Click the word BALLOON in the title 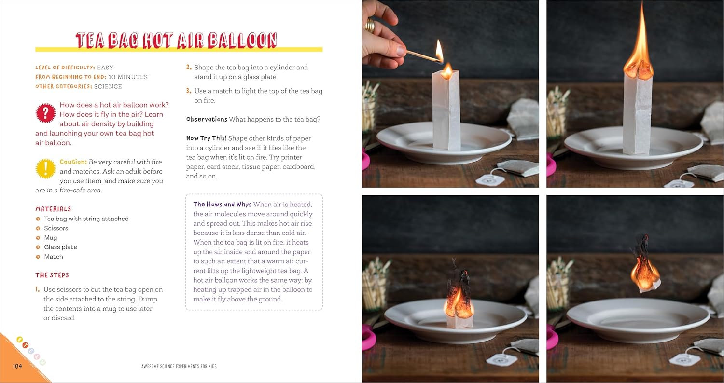point(242,41)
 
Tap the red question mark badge point(45,113)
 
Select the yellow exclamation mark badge point(45,168)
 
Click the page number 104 point(17,366)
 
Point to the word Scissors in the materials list point(56,228)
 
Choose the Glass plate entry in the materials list point(60,247)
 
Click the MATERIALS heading point(53,209)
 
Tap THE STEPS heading point(52,275)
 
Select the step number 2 point(189,67)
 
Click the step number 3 point(189,91)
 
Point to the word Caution point(73,162)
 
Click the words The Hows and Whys point(222,204)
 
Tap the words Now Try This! point(206,138)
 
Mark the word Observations point(207,119)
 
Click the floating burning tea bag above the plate point(644,265)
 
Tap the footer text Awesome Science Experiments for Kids point(179,366)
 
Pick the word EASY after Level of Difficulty point(105,68)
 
